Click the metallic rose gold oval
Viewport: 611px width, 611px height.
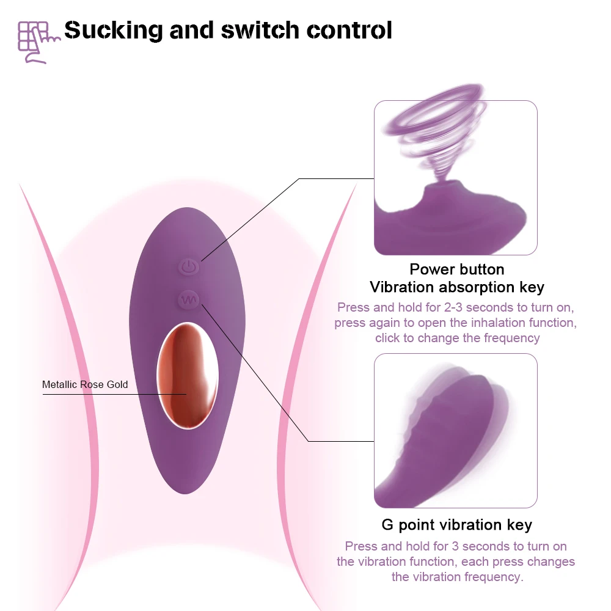coord(188,375)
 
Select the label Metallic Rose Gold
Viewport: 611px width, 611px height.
coord(85,384)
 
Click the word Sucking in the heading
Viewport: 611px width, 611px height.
coord(114,30)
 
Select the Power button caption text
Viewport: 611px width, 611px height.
coord(456,269)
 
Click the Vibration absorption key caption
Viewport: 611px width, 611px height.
coord(456,287)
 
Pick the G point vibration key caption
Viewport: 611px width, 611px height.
coord(456,525)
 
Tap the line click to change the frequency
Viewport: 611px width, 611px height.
coord(457,338)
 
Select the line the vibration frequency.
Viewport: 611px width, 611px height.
coord(457,577)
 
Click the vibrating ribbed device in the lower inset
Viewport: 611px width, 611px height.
coord(452,434)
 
